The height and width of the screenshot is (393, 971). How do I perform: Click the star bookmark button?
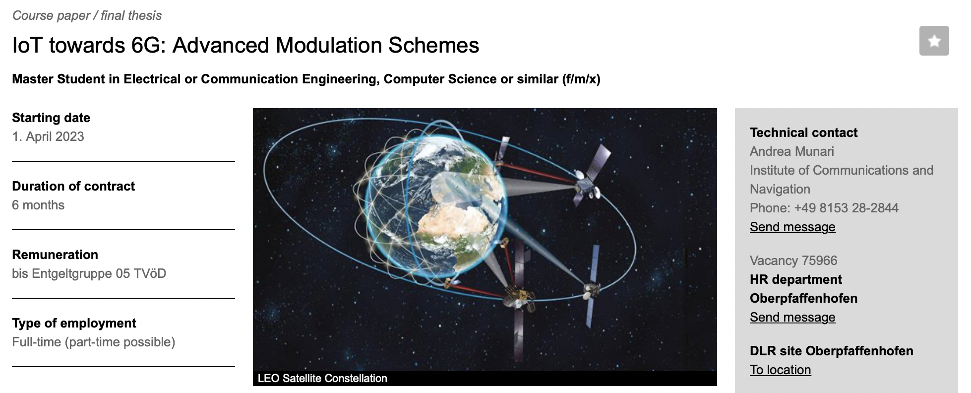(x=934, y=41)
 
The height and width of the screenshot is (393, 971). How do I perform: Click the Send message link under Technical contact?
(x=792, y=227)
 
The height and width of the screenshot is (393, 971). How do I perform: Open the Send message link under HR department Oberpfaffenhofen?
(x=792, y=317)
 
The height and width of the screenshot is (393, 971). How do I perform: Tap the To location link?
(x=781, y=370)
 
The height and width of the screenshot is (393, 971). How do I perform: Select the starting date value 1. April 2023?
(x=48, y=136)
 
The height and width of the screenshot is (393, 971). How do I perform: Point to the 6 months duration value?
(x=38, y=205)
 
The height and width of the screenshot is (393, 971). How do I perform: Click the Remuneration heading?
(x=55, y=255)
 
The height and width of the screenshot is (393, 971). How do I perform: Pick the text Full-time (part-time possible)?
(x=94, y=342)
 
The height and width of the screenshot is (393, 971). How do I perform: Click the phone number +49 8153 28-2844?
(x=846, y=208)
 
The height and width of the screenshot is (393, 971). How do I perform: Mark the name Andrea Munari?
(x=792, y=151)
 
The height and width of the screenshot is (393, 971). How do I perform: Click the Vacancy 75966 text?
(x=793, y=261)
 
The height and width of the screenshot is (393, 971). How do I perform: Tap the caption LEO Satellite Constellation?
(x=322, y=378)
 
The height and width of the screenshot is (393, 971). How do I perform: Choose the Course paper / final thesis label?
(x=87, y=15)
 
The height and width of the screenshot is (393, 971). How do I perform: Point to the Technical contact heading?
(x=803, y=132)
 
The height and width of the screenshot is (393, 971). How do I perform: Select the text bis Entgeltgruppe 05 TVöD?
(x=89, y=273)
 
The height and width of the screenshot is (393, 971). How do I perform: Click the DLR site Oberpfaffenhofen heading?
(x=832, y=351)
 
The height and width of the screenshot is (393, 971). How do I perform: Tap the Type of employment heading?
(x=74, y=323)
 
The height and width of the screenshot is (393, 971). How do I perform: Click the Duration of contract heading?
(x=73, y=186)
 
